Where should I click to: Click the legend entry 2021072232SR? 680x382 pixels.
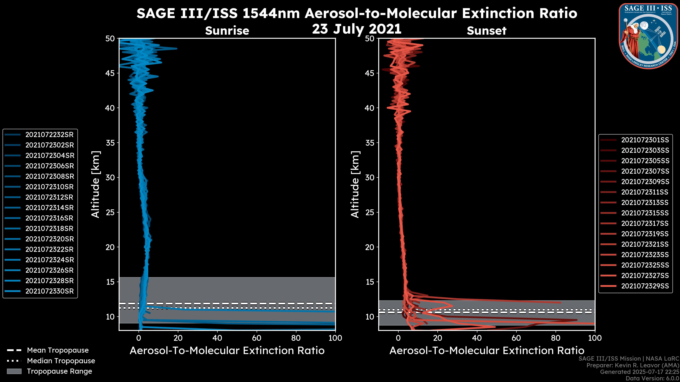49,135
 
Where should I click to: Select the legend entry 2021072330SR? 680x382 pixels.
49,291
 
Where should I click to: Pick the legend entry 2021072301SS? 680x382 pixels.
645,140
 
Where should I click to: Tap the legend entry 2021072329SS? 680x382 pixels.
645,286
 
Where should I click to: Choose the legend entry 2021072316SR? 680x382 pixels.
49,218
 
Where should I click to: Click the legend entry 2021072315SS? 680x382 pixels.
645,213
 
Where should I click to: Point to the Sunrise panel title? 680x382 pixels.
227,31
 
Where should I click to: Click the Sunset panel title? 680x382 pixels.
486,31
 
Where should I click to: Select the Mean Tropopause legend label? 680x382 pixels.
58,350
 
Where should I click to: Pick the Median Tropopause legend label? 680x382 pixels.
61,361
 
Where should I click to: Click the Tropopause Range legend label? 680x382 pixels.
59,371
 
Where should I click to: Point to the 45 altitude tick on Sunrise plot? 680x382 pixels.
110,73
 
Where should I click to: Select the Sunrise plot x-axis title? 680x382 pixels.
227,351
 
